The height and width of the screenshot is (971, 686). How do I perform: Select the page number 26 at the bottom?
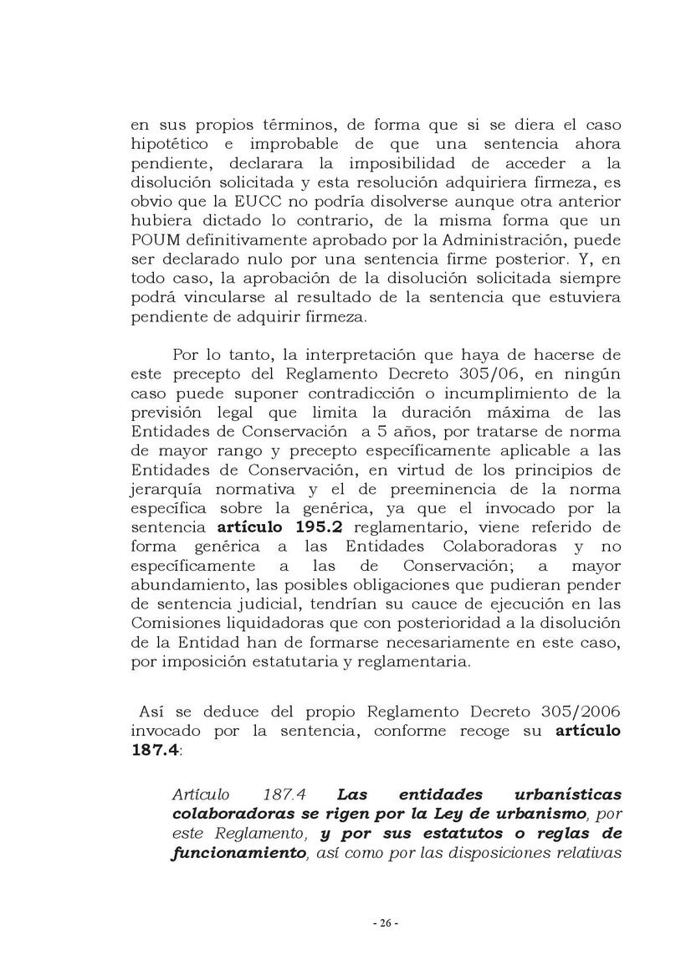[x=385, y=923]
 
